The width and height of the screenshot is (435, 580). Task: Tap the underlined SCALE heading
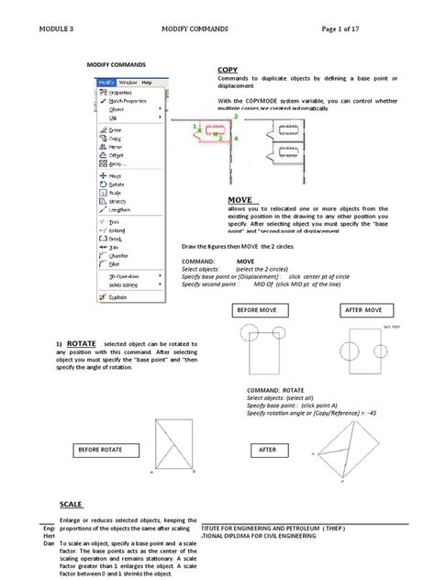coord(72,505)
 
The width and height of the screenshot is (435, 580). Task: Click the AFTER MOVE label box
coord(363,311)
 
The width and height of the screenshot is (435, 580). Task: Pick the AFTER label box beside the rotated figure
coord(267,451)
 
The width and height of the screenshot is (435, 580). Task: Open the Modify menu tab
coord(106,83)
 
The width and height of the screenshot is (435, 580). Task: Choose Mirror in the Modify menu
coord(117,146)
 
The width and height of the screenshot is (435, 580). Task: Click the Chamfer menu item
coord(119,254)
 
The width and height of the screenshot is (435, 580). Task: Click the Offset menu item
coord(117,155)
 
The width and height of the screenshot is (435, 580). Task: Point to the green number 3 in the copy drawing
coord(235,118)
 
